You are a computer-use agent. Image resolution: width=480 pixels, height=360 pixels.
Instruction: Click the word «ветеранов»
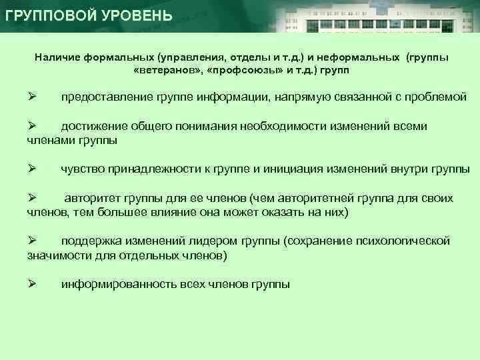click(x=166, y=69)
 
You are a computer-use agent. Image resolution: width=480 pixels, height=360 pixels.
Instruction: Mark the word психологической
click(x=399, y=241)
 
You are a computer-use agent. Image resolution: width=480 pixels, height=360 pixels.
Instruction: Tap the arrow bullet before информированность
click(x=31, y=284)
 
